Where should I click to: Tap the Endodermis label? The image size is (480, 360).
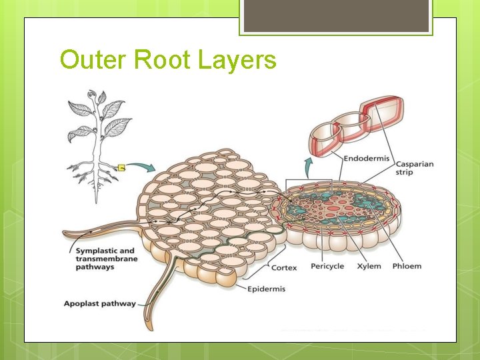pos(367,159)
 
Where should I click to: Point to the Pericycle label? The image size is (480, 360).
pos(327,266)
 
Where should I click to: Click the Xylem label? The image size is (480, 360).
pos(369,266)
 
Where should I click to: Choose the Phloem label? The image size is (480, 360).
pos(407,266)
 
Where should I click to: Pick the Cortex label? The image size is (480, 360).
pos(284,268)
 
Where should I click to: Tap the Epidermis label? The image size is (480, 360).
pos(267,289)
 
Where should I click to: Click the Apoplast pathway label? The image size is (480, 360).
pos(99,304)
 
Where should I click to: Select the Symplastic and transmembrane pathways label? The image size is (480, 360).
pos(105,259)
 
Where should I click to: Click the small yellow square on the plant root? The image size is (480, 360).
pos(122,167)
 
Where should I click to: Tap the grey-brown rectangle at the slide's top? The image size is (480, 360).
pos(335,16)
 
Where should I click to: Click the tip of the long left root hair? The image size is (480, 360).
pos(65,234)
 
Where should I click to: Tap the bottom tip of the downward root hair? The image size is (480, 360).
pos(149,327)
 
